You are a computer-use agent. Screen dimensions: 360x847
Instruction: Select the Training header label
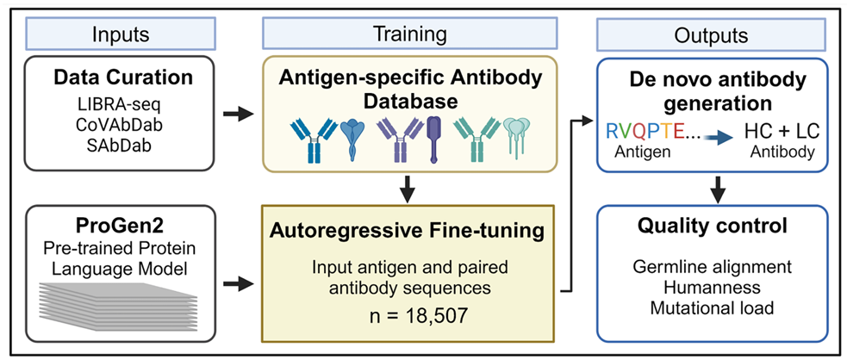point(409,35)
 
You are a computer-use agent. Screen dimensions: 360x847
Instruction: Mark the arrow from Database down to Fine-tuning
point(409,185)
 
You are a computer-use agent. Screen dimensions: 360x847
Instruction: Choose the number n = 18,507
point(409,314)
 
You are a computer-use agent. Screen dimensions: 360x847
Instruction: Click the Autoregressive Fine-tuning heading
point(409,232)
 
